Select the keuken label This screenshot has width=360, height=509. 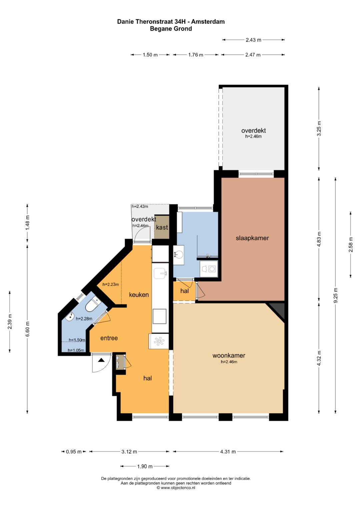[139, 295]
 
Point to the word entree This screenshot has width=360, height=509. [109, 338]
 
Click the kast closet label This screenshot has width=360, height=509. [162, 227]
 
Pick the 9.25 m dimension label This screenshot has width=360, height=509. [336, 295]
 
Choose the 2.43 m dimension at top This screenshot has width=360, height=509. [253, 40]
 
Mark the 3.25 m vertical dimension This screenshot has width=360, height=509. [319, 128]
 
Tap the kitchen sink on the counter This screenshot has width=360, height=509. [160, 273]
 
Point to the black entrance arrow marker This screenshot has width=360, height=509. [101, 360]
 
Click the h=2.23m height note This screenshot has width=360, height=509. [111, 284]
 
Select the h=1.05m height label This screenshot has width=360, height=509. [76, 350]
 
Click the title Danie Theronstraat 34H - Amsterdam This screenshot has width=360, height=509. [171, 22]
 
